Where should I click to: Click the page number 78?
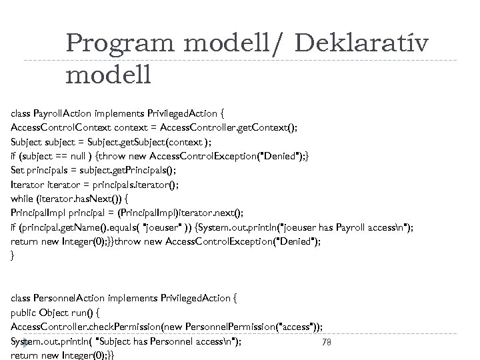pos(327,343)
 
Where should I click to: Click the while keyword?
pos(24,198)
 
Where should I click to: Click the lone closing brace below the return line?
pos(13,255)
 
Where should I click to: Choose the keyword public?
pos(25,313)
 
